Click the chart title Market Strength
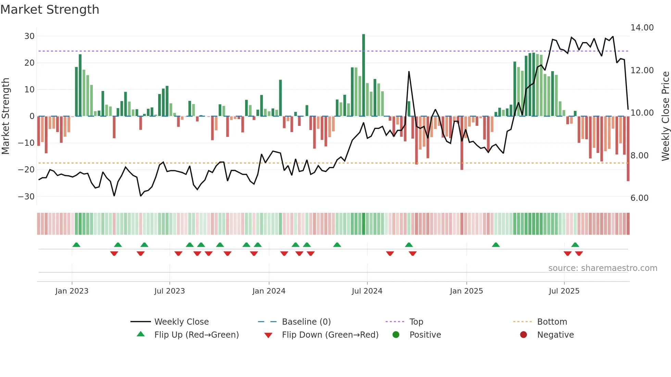(x=50, y=10)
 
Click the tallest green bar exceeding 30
(x=364, y=75)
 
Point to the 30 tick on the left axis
(x=29, y=36)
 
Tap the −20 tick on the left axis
(x=26, y=170)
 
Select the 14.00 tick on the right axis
(x=642, y=28)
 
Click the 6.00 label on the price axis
(x=639, y=198)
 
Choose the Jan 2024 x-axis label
(x=269, y=291)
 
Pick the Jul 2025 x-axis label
(x=564, y=291)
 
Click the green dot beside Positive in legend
(x=396, y=335)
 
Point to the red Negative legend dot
(x=523, y=335)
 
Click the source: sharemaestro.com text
(x=603, y=268)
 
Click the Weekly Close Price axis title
(x=665, y=116)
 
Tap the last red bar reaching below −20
(x=628, y=149)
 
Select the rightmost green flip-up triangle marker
(x=575, y=245)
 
